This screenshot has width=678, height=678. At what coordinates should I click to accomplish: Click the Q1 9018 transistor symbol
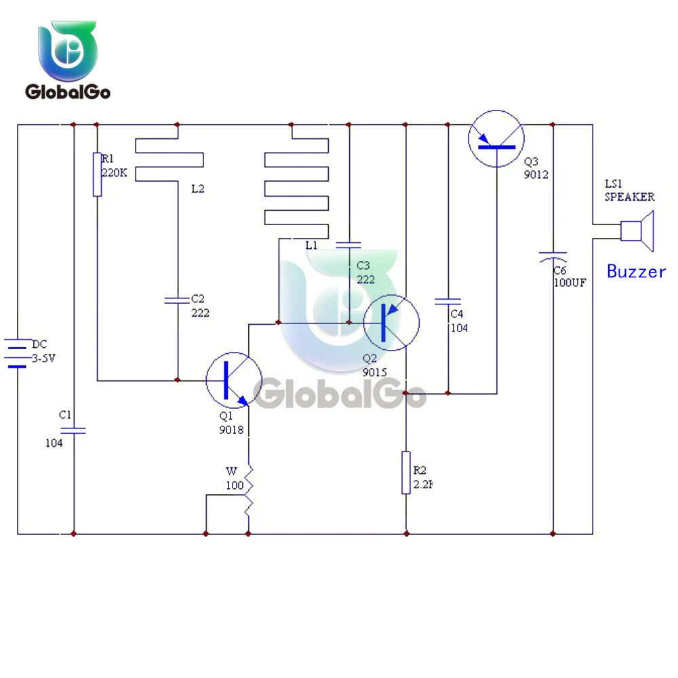pos(233,380)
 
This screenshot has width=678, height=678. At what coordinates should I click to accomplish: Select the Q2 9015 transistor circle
pos(391,323)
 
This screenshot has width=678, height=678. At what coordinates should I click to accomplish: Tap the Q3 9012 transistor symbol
pos(497,138)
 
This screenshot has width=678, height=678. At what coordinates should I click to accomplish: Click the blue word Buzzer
pos(636,272)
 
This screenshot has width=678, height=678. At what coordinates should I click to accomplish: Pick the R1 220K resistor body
pos(98,175)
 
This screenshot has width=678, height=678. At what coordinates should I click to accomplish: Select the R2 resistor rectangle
pos(406,473)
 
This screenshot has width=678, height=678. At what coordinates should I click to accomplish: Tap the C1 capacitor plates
pos(73,430)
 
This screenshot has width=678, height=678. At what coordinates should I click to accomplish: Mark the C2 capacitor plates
pos(177,299)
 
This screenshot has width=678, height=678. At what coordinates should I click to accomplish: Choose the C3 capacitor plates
pos(349,244)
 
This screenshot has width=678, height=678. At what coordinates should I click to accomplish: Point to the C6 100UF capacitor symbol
pos(553,256)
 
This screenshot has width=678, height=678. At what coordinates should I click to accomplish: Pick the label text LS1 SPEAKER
pos(629,191)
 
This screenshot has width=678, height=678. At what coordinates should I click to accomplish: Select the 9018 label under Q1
pos(230,429)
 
